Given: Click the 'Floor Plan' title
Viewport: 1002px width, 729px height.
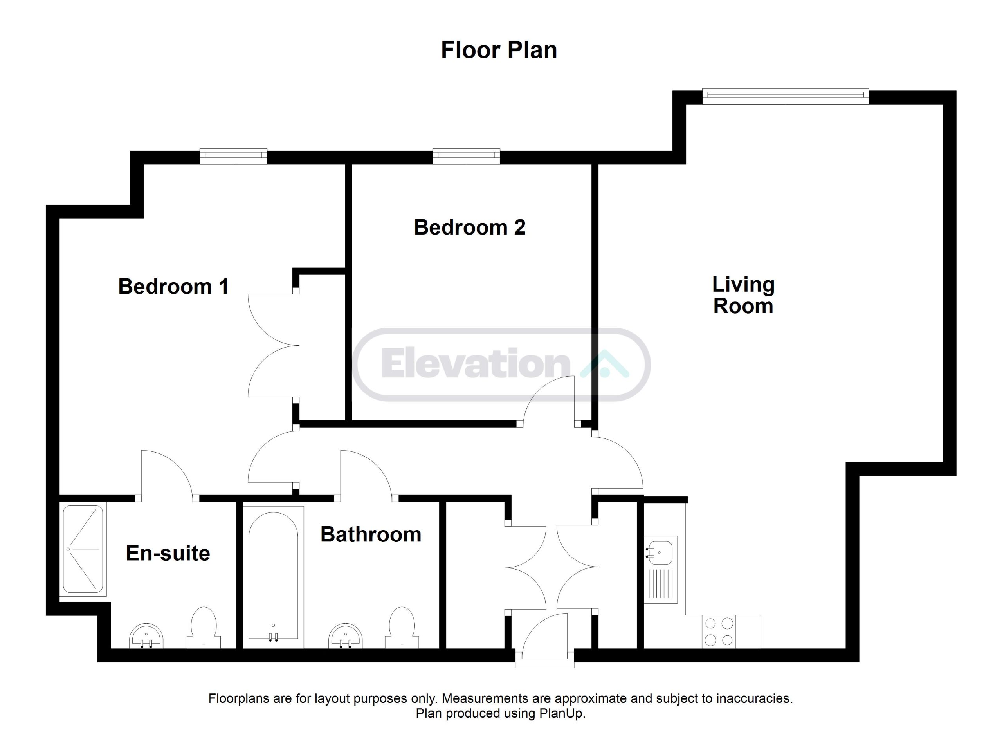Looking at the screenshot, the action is pos(499,51).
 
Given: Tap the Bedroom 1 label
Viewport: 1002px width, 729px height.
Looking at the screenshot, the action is pos(174,286).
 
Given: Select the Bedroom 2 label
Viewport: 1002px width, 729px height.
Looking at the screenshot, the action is pos(470,227).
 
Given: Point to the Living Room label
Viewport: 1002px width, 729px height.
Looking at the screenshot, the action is pos(743,295).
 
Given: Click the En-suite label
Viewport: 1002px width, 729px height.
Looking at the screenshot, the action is pos(168,553).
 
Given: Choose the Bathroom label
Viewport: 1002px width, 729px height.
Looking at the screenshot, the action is pos(371,534).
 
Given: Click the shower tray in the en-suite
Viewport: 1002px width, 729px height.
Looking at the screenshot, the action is pos(83,549).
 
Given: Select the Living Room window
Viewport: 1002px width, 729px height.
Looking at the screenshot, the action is pos(786,97).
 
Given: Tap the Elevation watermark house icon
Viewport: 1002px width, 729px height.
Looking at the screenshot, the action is pos(604,364).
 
